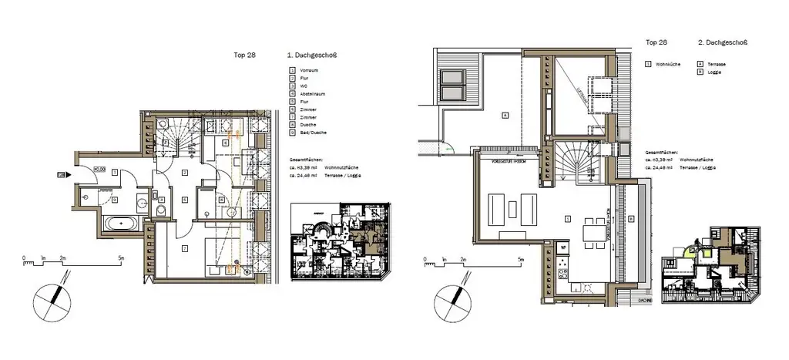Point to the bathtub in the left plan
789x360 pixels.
pos(121,224)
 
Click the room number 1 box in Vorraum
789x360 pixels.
pos(114,173)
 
